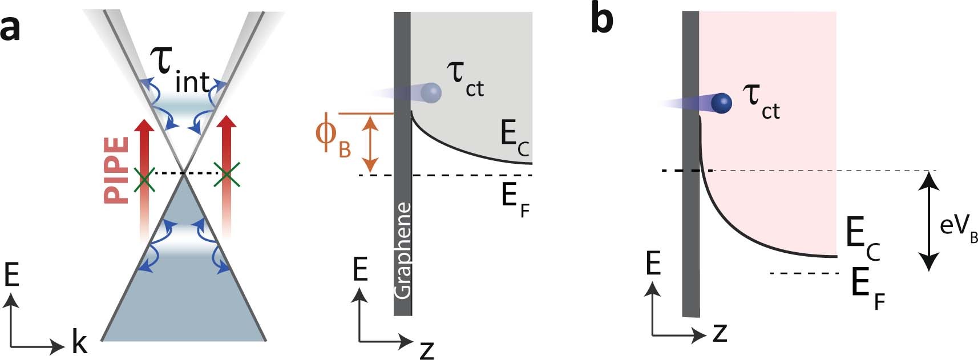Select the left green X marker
tap(144, 179)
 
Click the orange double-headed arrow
tap(371, 143)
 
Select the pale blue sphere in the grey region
tap(431, 92)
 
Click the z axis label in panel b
tap(720, 331)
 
